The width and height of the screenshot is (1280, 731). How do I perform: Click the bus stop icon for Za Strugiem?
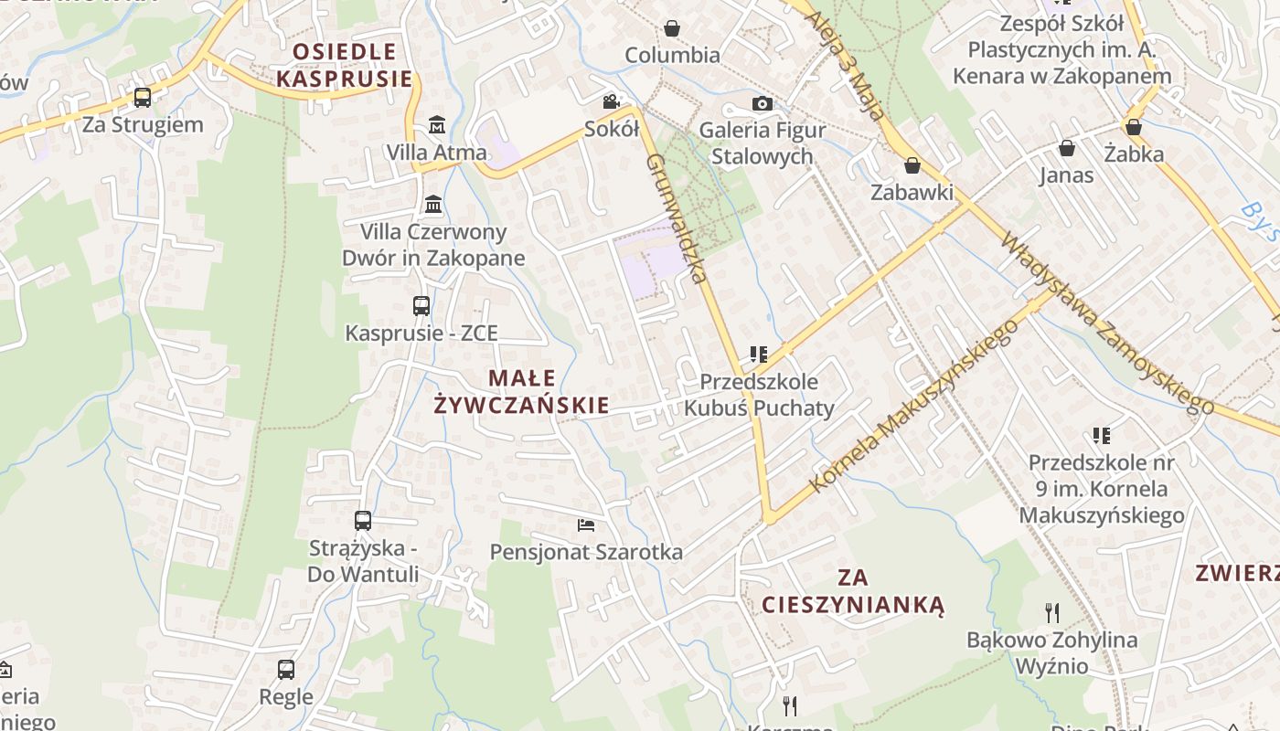pyautogui.click(x=143, y=97)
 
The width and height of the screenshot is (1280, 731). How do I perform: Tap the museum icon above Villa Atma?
pyautogui.click(x=437, y=124)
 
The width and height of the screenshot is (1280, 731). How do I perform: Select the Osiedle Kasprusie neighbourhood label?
pyautogui.click(x=345, y=65)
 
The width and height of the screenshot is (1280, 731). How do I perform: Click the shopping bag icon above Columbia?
pyautogui.click(x=672, y=28)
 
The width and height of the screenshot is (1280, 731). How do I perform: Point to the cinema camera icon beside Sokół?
pyautogui.click(x=611, y=101)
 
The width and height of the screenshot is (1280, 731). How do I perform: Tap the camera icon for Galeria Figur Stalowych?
pyautogui.click(x=763, y=103)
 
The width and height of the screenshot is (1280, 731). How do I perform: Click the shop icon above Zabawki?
pyautogui.click(x=912, y=165)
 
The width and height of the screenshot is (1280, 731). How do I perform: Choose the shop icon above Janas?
pyautogui.click(x=1066, y=148)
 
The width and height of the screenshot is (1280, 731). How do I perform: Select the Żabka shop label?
pyautogui.click(x=1134, y=153)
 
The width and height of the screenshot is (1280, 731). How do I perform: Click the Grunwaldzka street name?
pyautogui.click(x=677, y=217)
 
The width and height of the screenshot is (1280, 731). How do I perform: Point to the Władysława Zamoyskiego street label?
pyautogui.click(x=1106, y=323)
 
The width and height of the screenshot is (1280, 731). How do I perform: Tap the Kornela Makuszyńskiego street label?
pyautogui.click(x=913, y=405)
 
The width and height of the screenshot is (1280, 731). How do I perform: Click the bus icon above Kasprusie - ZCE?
pyautogui.click(x=421, y=306)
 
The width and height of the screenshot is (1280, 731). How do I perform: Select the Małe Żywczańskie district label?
pyautogui.click(x=522, y=391)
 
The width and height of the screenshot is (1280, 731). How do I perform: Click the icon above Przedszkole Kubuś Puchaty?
pyautogui.click(x=758, y=354)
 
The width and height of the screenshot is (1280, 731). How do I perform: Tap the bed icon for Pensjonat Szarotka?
pyautogui.click(x=586, y=524)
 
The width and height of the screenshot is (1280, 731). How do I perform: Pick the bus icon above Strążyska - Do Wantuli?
pyautogui.click(x=363, y=521)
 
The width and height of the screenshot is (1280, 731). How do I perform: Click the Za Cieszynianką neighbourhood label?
pyautogui.click(x=853, y=591)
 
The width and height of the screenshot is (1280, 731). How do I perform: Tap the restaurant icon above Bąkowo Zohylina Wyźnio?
pyautogui.click(x=1052, y=612)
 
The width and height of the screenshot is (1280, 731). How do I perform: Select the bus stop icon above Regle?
pyautogui.click(x=286, y=670)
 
